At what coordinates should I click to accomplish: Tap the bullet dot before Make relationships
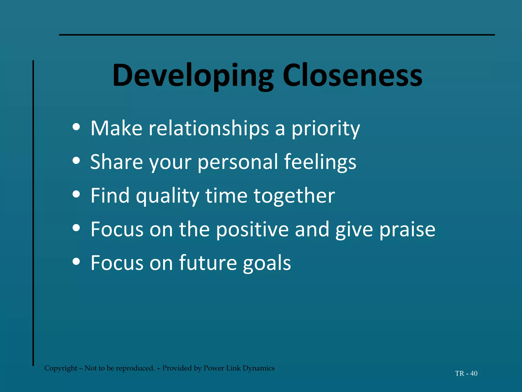coord(76,127)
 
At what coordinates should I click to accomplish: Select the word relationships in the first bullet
coord(209,128)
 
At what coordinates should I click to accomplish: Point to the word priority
coord(325,128)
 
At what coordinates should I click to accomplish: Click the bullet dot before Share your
coord(76,161)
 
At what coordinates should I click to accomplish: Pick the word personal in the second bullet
coord(238,162)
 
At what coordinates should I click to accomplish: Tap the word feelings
coord(320,162)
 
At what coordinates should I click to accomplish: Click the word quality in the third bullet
coord(167,196)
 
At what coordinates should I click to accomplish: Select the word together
coord(294,196)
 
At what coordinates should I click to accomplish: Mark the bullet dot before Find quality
coord(76,194)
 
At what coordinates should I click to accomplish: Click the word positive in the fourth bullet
coord(252,229)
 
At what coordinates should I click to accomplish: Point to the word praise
coord(407,229)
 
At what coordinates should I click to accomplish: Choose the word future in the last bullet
coord(208,263)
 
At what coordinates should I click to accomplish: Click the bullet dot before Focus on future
coord(76,261)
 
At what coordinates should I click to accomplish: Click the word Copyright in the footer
coord(61,368)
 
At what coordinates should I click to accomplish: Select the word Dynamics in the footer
coord(258,368)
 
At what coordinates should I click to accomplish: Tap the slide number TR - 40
coord(466,373)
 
